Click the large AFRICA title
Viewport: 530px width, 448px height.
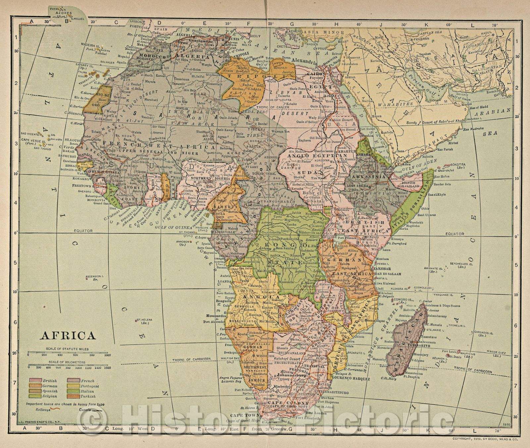(68, 335)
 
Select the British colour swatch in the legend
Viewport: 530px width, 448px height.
(34, 381)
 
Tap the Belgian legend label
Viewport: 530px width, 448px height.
(49, 396)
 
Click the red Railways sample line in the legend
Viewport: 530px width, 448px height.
(57, 409)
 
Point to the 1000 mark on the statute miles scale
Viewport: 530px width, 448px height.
(107, 355)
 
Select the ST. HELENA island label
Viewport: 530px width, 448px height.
(141, 321)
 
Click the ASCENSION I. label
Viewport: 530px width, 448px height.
(95, 276)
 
